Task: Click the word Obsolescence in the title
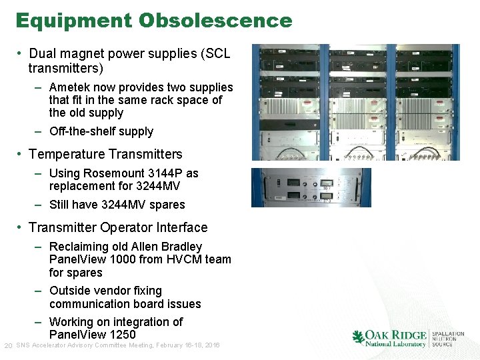[x=215, y=21]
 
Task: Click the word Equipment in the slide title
[x=74, y=21]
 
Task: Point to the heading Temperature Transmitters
[x=105, y=154]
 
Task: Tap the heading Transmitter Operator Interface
[x=118, y=227]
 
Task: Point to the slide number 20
[x=8, y=345]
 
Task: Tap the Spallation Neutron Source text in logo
[x=448, y=339]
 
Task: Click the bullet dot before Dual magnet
[x=21, y=53]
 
